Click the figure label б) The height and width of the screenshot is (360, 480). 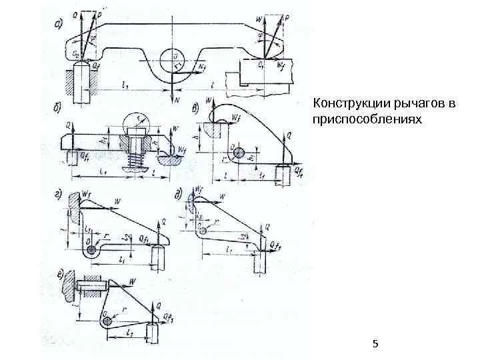58,107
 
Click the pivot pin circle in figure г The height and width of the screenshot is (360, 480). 91,250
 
